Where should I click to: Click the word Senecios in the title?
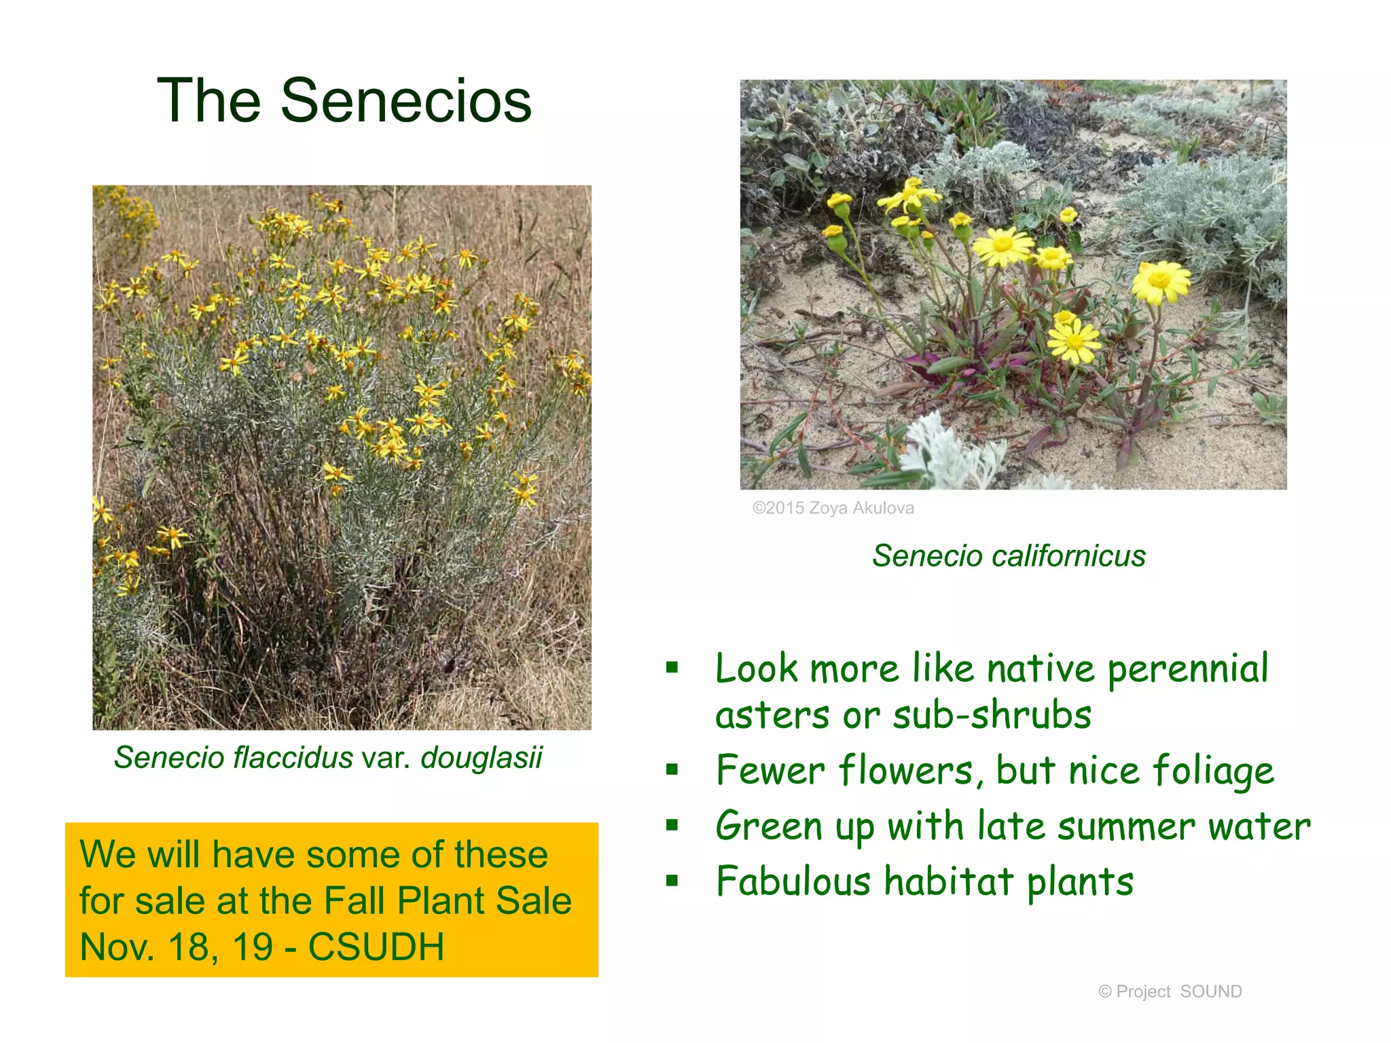pyautogui.click(x=405, y=101)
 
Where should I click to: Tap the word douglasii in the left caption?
pyautogui.click(x=481, y=758)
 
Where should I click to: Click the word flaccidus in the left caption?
pyautogui.click(x=293, y=758)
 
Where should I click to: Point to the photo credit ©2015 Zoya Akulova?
pyautogui.click(x=833, y=508)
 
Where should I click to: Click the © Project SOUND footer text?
pyautogui.click(x=1170, y=991)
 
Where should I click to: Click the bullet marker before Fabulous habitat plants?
pyautogui.click(x=672, y=881)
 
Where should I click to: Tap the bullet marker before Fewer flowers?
pyautogui.click(x=672, y=769)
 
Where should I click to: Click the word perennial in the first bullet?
pyautogui.click(x=1187, y=670)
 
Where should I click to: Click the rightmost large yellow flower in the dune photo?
pyautogui.click(x=1160, y=281)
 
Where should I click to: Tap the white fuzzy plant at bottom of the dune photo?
pyautogui.click(x=951, y=455)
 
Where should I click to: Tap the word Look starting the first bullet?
pyautogui.click(x=756, y=670)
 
